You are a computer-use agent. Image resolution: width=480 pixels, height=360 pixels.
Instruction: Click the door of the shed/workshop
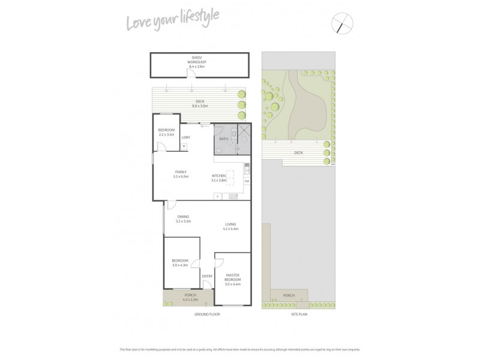(x=191, y=73)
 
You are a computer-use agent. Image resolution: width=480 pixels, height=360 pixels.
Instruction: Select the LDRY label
(x=186, y=137)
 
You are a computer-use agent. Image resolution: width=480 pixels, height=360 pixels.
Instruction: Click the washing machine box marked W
(x=184, y=146)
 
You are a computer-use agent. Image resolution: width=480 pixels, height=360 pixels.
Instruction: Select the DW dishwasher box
(x=247, y=181)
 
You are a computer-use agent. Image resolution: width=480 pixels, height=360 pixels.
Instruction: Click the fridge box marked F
(x=217, y=197)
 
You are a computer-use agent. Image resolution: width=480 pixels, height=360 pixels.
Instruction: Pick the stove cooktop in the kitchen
(x=233, y=197)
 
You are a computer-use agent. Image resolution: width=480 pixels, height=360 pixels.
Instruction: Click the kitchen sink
(x=247, y=169)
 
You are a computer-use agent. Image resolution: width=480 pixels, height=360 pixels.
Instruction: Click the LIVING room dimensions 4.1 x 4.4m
(x=231, y=229)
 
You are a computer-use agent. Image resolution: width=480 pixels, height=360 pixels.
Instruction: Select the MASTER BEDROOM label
(x=233, y=278)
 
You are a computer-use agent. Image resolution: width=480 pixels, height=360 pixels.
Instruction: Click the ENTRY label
(x=207, y=276)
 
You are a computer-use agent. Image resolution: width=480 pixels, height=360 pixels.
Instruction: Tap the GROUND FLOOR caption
(x=205, y=314)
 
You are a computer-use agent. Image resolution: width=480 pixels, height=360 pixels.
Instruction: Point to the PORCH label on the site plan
(x=289, y=295)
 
